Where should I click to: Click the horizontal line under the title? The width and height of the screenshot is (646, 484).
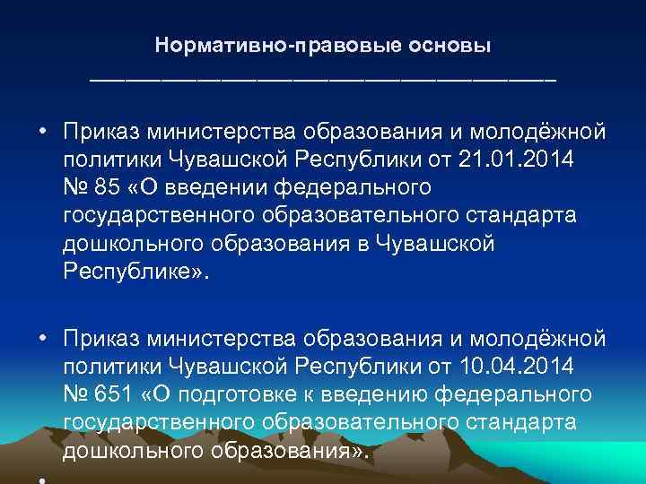point(322,81)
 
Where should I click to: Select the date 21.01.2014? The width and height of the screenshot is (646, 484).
point(508,160)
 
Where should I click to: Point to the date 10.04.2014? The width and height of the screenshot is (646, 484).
point(508,367)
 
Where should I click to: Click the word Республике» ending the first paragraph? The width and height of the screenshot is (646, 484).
point(135,272)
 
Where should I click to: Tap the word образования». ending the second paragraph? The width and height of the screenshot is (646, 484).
point(294,451)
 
